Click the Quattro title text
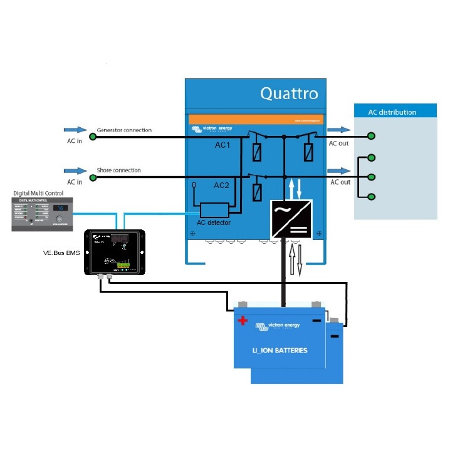click(289, 94)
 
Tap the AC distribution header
click(392, 112)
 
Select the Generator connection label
click(124, 130)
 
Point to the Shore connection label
click(118, 170)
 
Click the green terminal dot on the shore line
click(93, 177)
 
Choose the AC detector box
click(214, 211)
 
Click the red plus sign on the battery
click(243, 321)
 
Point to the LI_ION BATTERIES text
click(280, 350)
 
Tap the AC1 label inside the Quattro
click(222, 145)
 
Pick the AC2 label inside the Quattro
click(222, 186)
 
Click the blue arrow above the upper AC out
click(339, 130)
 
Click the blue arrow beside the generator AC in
click(75, 130)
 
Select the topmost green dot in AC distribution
click(372, 136)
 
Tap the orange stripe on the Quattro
click(256, 119)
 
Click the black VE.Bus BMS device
click(114, 251)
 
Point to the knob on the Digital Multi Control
click(60, 220)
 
